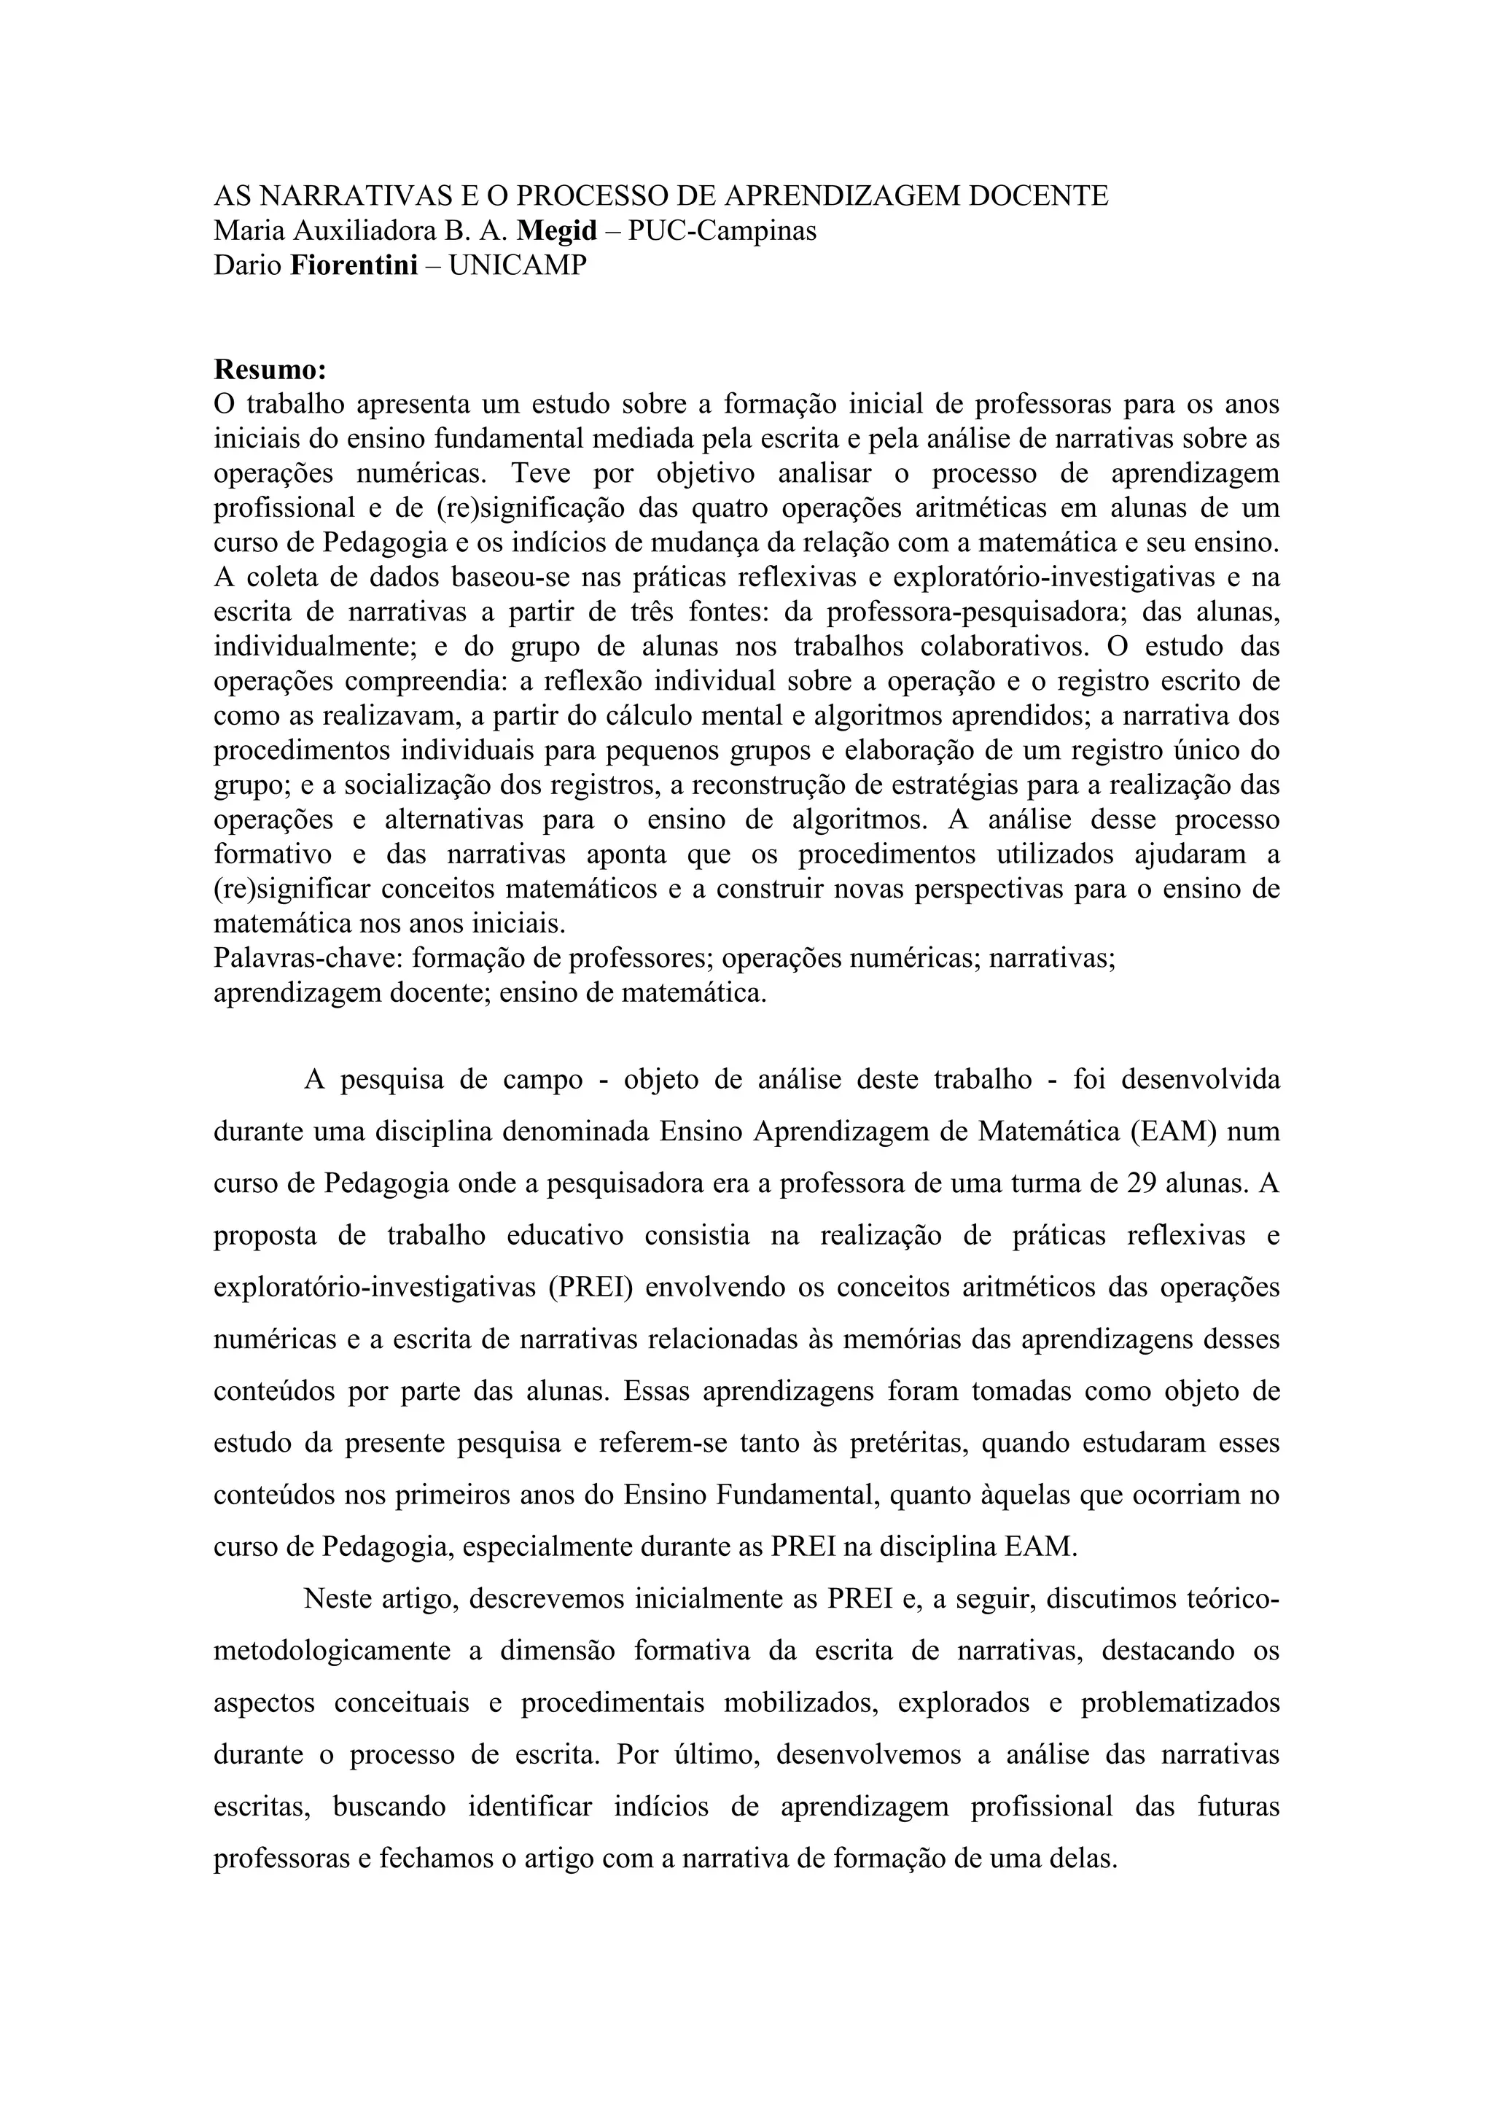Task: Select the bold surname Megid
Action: [558, 231]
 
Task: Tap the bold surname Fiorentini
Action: [354, 265]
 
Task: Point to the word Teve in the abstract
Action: [540, 474]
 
